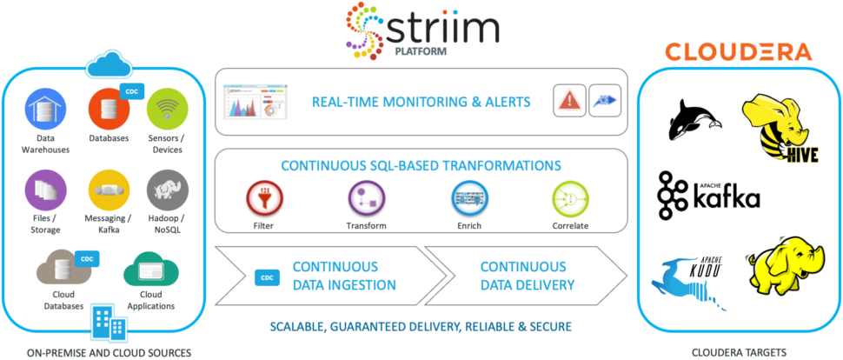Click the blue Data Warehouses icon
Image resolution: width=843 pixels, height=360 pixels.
tap(46, 110)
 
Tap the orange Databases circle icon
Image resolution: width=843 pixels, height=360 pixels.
tap(110, 110)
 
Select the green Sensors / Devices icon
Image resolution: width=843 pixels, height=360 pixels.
tap(167, 110)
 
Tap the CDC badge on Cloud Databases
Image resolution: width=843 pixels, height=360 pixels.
tap(86, 259)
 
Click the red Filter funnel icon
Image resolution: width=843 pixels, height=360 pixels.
tap(264, 198)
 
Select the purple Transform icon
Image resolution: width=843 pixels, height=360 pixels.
tap(366, 198)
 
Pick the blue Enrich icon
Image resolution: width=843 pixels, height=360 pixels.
tap(469, 198)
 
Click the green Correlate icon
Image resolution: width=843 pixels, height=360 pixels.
tap(570, 198)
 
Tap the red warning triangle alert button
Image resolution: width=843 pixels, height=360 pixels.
tap(570, 101)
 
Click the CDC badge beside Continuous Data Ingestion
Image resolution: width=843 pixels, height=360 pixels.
tap(266, 277)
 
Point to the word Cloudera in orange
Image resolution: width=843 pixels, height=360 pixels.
tap(738, 52)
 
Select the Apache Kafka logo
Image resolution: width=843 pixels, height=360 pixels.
tap(708, 195)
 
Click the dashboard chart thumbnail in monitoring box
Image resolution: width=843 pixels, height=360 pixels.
tap(256, 100)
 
